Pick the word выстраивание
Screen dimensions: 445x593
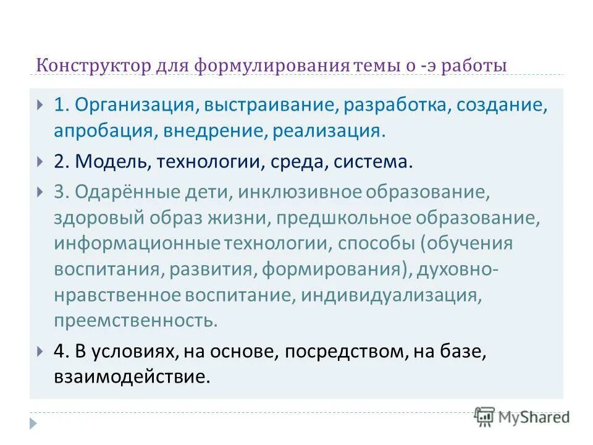tap(268, 104)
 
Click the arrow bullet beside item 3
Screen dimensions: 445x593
tap(40, 192)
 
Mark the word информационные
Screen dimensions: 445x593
tap(132, 243)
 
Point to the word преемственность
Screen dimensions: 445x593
tap(135, 321)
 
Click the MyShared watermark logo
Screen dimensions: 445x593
tap(522, 417)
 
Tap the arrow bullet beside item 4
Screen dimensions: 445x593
tap(40, 351)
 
